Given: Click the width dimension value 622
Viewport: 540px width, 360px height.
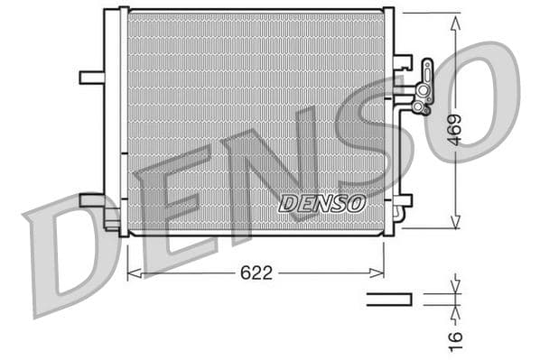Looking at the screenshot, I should pos(256,273).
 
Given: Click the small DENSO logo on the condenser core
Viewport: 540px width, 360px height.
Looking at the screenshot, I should pos(322,204).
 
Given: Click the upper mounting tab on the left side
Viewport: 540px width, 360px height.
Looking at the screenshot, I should pos(91,77).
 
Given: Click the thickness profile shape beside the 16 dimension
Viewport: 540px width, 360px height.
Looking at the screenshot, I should pos(388,299).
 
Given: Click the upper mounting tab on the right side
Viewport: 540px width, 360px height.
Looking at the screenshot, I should pos(403,62).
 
